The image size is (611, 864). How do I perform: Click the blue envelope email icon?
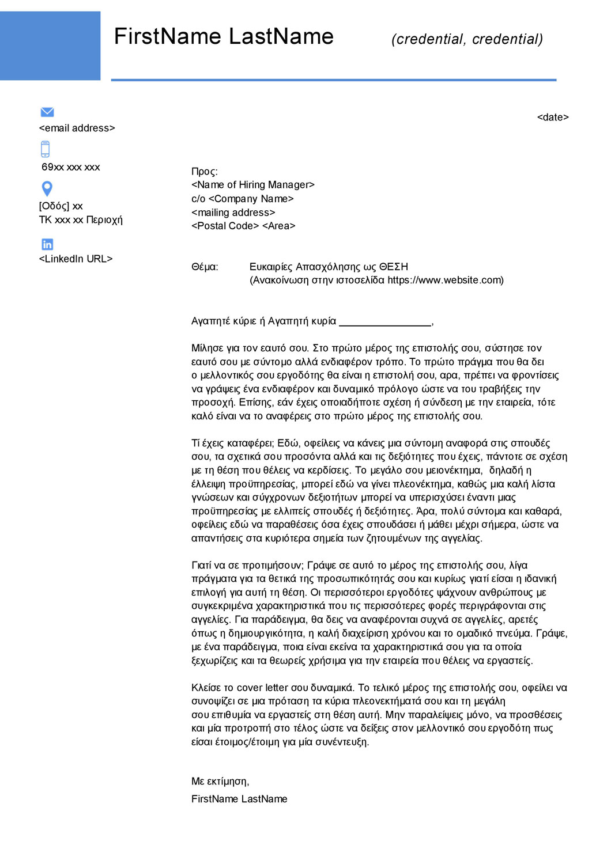click(47, 112)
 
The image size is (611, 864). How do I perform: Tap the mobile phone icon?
click(46, 149)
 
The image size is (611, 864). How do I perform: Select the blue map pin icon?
click(47, 188)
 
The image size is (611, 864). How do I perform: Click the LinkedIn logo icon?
click(47, 244)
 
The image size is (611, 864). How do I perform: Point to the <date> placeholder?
click(552, 118)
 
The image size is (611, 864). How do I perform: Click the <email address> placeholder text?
click(77, 128)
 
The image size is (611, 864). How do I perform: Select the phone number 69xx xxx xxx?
click(70, 167)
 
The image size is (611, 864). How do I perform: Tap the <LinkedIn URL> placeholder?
click(76, 259)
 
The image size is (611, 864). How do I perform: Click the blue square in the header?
click(50, 46)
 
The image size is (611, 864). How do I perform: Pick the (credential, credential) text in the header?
click(467, 39)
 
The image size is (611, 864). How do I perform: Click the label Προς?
click(205, 171)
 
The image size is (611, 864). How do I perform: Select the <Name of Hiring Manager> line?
click(252, 185)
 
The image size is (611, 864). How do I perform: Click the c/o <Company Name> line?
click(242, 199)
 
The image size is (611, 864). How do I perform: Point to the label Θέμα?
click(205, 267)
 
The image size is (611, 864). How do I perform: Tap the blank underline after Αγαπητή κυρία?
click(385, 322)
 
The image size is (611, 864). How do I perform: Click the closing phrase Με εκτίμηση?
click(220, 782)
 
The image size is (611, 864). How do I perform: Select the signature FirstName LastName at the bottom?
click(239, 799)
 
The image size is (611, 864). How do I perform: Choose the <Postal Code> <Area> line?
click(243, 226)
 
